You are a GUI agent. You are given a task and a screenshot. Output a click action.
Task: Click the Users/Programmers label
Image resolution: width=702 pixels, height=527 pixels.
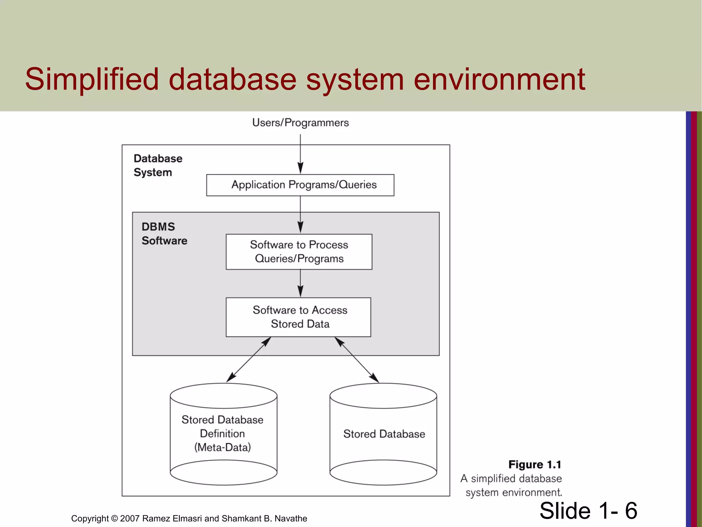[300, 123]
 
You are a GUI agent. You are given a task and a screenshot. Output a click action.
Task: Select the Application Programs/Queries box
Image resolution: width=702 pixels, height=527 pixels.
[300, 185]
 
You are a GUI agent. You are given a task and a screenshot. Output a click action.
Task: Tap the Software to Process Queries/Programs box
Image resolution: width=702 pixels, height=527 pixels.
[299, 252]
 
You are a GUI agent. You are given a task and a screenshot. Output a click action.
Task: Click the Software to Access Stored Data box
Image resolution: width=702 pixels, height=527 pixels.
[299, 317]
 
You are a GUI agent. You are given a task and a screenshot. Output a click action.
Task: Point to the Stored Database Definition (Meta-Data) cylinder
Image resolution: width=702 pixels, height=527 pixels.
[223, 434]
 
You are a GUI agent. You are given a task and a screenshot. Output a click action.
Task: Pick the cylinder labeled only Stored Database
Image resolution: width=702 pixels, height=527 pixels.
[383, 434]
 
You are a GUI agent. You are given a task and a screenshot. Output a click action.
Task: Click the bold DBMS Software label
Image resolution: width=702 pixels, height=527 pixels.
[164, 234]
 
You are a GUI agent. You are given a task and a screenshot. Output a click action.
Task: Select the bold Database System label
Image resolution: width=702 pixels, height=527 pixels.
[157, 165]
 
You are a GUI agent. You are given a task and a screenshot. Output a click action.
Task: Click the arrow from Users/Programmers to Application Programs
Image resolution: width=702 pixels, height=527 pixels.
[300, 154]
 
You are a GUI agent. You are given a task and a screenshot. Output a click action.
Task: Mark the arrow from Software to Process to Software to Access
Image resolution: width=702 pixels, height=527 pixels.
[300, 283]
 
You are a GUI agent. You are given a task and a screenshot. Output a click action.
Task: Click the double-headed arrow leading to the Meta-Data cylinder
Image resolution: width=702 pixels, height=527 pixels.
[249, 360]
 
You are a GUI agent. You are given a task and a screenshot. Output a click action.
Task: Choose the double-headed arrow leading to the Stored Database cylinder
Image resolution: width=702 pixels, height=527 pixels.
[357, 360]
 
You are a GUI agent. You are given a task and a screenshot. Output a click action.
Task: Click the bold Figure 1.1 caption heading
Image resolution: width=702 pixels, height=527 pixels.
[534, 465]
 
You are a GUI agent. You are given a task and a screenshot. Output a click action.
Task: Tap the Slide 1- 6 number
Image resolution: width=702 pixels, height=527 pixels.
[588, 511]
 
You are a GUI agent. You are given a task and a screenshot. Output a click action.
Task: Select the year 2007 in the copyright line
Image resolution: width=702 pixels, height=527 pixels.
[130, 518]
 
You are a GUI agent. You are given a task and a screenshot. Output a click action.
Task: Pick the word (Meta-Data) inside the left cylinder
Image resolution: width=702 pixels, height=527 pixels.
[222, 447]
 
